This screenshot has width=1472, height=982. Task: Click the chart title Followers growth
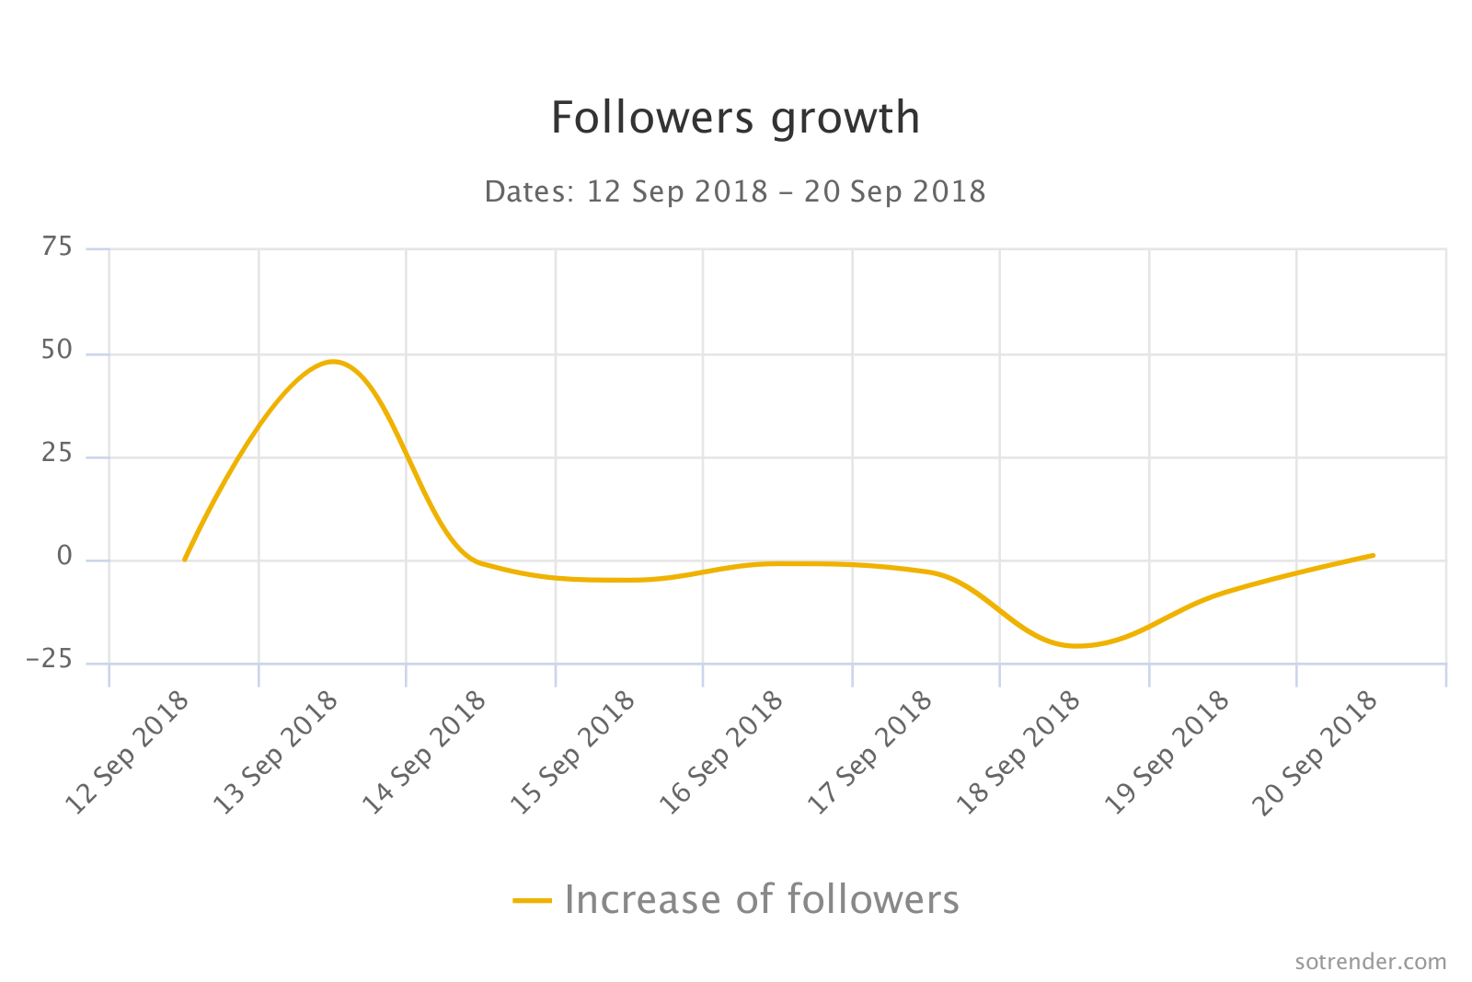pos(735,118)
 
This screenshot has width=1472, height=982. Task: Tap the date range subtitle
pos(735,191)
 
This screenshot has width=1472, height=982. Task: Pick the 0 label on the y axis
pos(64,556)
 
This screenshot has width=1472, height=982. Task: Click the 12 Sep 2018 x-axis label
pos(128,753)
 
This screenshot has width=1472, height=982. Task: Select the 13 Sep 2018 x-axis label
pos(276,753)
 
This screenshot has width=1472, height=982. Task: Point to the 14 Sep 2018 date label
pos(424,753)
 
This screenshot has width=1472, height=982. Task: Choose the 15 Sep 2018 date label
pos(573,753)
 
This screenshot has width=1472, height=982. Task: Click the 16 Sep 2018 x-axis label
pos(721,753)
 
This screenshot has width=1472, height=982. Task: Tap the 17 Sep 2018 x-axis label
pos(869,753)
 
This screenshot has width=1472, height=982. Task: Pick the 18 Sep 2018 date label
pos(1018,753)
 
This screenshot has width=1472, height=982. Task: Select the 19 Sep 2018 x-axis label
pos(1167,753)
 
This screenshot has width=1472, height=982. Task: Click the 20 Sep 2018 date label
pos(1316,753)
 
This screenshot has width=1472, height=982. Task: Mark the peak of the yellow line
pos(332,362)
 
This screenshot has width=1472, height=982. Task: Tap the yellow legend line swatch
pos(532,900)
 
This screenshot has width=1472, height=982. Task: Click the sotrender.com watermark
pos(1370,962)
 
